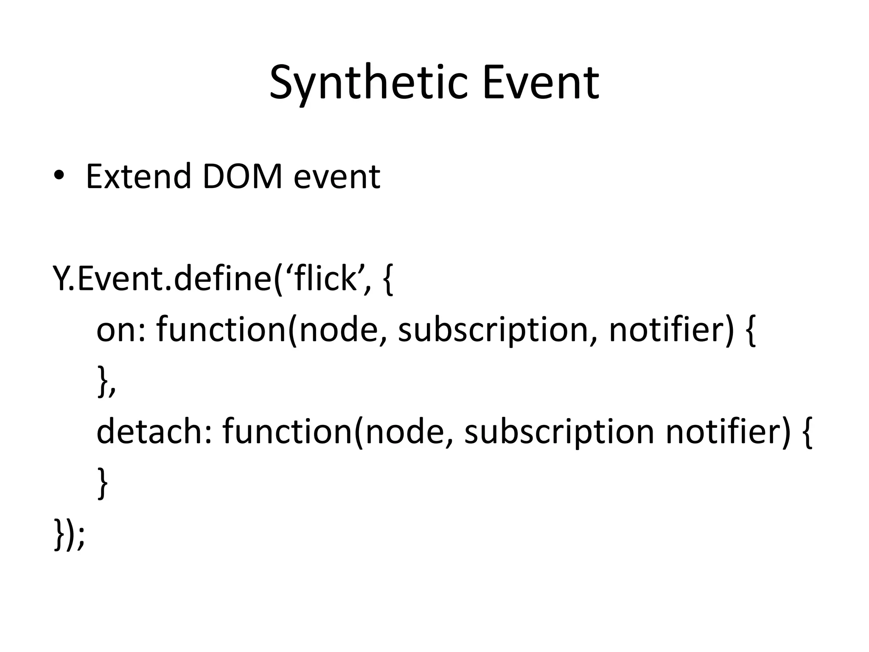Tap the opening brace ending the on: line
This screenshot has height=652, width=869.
pyautogui.click(x=750, y=331)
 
